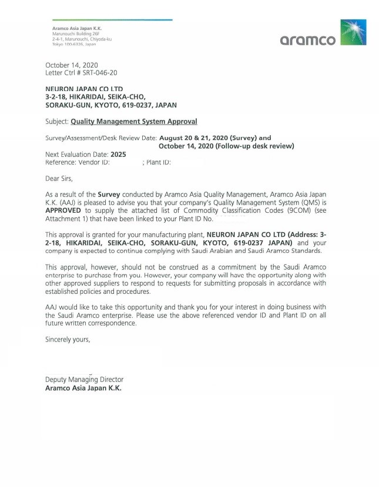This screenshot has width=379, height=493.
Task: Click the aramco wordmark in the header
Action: pos(308,40)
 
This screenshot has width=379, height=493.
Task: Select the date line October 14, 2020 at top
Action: pos(72,65)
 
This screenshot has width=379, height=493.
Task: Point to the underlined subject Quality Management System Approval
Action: pos(134,122)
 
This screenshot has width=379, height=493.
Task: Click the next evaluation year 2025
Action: pos(119,155)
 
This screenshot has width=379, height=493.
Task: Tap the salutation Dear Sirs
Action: pos(59,177)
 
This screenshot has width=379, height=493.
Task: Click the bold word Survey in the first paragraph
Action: pos(109,194)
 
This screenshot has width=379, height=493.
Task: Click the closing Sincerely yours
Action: pos(68,339)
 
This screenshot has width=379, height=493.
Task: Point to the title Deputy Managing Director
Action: pos(85,380)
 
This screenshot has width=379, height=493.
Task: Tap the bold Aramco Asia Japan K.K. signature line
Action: pos(83,388)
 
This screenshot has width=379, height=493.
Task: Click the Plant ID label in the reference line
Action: pos(159,162)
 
